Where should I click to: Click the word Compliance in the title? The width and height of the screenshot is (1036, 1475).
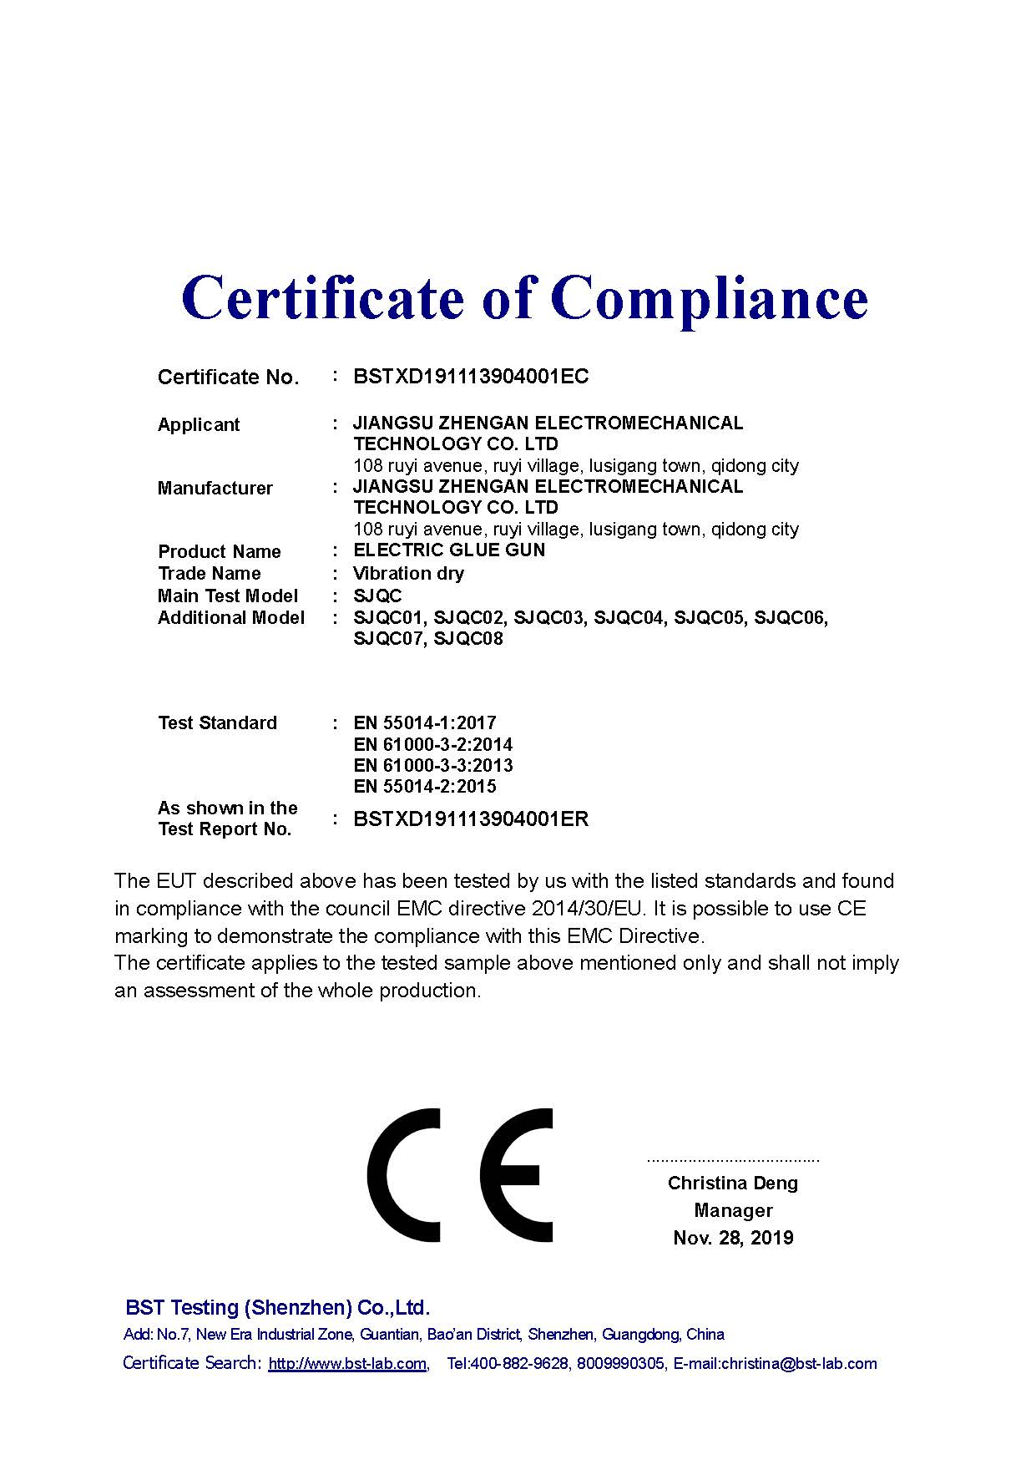709,298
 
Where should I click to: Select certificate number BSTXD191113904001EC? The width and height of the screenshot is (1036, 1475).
471,376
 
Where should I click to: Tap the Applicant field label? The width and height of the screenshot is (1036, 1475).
199,424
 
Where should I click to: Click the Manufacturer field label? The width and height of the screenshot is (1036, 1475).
215,488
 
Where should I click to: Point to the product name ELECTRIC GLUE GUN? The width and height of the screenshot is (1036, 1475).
449,550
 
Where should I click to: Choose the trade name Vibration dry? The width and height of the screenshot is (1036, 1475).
408,573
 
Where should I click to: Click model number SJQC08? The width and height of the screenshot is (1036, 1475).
468,639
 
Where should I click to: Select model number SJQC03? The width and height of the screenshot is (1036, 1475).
548,618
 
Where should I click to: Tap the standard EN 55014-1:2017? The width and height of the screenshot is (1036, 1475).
425,722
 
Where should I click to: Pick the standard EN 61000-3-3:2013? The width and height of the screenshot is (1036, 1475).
433,765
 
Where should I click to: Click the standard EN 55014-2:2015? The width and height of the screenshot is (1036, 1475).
425,786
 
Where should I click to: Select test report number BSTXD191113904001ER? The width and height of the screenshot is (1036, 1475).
471,819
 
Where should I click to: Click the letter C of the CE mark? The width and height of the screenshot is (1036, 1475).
404,1175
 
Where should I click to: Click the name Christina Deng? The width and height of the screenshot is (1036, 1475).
733,1183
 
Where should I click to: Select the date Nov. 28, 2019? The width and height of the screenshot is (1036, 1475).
733,1237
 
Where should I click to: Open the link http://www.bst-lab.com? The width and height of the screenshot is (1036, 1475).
347,1364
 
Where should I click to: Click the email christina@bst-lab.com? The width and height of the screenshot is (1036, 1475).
799,1364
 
